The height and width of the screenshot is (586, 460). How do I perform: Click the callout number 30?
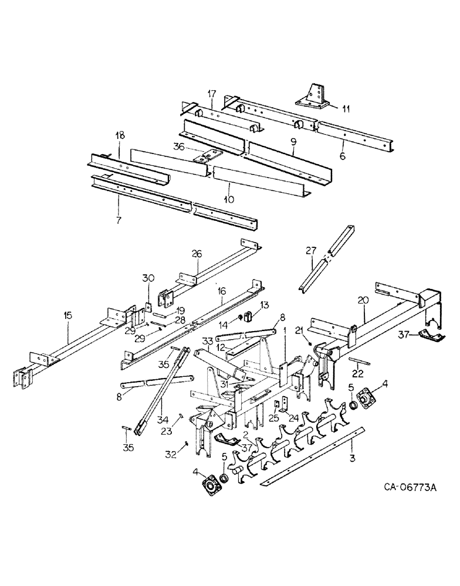(x=148, y=278)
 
